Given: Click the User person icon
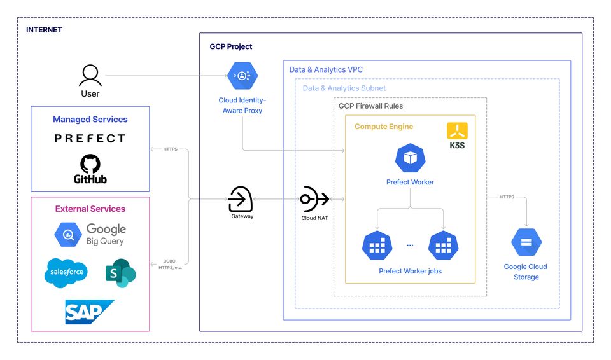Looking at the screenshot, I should [90, 76].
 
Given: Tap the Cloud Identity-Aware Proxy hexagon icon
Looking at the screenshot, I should [242, 76].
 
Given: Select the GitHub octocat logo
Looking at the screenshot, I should [90, 165].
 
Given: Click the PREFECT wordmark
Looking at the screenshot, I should [90, 138].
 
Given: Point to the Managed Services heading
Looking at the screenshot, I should [90, 119].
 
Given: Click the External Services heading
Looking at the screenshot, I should [90, 209].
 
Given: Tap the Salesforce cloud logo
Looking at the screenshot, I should [65, 273].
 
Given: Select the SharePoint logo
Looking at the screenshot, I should [120, 273].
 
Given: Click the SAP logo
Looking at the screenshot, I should [89, 312].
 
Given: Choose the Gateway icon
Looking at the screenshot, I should [241, 199].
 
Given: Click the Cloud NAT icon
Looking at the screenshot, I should [314, 199].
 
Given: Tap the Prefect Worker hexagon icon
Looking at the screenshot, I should [410, 158].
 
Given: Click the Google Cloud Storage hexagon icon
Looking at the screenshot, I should [526, 242].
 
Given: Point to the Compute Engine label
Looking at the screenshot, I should [384, 127].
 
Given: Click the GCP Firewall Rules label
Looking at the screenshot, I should [370, 106].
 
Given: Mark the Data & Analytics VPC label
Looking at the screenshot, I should [326, 69].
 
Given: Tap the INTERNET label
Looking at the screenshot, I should [44, 30].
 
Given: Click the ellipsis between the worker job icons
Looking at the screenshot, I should [410, 245].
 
